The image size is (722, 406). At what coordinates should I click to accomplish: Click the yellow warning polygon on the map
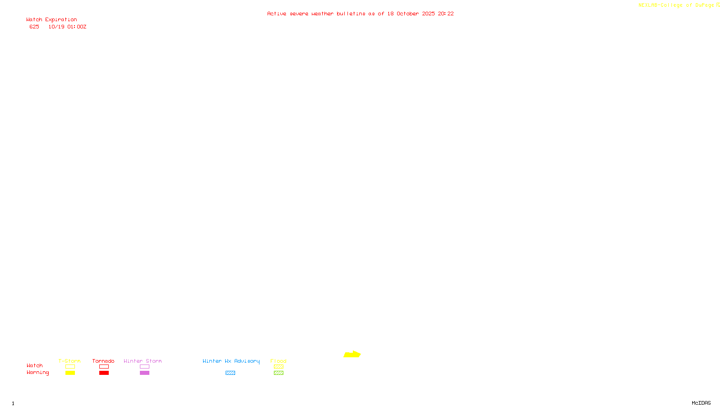point(352,355)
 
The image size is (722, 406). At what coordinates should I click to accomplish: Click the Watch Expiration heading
point(51,19)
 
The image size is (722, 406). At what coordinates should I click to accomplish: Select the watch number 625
point(34,27)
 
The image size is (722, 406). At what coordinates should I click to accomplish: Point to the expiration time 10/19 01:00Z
point(67,27)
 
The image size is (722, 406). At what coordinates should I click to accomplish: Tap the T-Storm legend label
point(69,361)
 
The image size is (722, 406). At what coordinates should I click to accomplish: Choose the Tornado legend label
point(103,361)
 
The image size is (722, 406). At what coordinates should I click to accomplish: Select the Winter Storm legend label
point(143,361)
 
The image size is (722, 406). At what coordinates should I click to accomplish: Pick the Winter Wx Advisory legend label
point(231,361)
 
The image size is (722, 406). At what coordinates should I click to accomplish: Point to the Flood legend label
point(278,361)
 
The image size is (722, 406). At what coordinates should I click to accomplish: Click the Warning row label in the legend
point(37,373)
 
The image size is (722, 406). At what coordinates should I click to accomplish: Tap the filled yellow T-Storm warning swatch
point(70,373)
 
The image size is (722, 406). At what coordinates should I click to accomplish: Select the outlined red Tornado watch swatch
point(104,367)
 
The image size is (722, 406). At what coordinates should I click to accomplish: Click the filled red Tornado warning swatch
point(104,373)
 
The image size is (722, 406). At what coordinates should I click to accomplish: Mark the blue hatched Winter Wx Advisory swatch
point(230,373)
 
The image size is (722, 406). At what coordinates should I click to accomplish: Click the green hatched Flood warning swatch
point(278,373)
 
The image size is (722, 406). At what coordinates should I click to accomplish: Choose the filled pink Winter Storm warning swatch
point(144,373)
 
